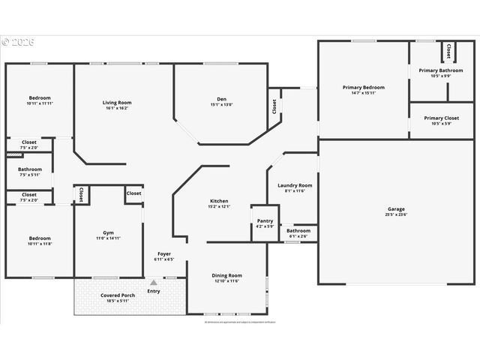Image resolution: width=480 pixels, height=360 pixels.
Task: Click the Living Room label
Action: click(117, 103)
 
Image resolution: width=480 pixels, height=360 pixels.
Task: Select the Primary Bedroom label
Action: click(363, 88)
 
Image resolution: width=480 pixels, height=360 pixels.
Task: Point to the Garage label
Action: click(396, 209)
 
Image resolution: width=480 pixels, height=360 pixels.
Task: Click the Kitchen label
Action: click(219, 201)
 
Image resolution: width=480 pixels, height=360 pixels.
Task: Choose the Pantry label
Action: click(265, 221)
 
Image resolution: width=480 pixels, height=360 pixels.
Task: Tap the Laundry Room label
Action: click(295, 185)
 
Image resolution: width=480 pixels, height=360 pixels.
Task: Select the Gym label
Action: click(108, 232)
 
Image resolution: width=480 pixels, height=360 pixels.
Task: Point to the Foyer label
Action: click(164, 254)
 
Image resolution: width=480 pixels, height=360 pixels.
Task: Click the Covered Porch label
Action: click(118, 295)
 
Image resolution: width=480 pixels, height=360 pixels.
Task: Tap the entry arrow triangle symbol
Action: click(154, 283)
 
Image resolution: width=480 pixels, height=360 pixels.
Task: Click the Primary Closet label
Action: click(441, 118)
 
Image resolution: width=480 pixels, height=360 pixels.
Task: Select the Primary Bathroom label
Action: click(440, 70)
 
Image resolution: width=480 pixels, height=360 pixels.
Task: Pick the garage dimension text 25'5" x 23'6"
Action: click(396, 215)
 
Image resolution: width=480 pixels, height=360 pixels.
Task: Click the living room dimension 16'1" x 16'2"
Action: click(117, 108)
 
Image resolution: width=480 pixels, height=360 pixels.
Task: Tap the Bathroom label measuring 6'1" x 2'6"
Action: click(298, 231)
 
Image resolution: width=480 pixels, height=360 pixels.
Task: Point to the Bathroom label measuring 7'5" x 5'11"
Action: click(30, 169)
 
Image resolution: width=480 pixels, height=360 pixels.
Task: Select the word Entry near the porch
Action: click(154, 291)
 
